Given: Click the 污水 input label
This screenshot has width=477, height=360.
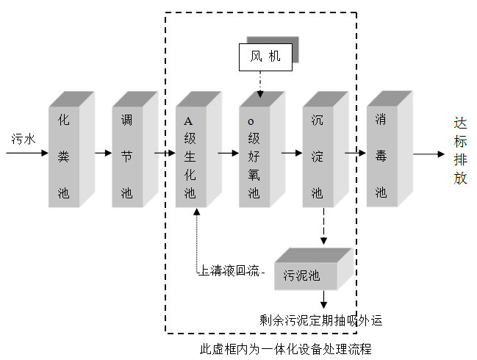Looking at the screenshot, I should pyautogui.click(x=21, y=138).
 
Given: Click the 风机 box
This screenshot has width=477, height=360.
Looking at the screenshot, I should pyautogui.click(x=265, y=57).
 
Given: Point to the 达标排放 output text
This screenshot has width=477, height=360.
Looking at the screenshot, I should pyautogui.click(x=460, y=151).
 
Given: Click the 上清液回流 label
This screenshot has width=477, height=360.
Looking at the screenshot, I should pyautogui.click(x=230, y=271).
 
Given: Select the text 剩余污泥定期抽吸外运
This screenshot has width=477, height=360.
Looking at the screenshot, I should pyautogui.click(x=320, y=320).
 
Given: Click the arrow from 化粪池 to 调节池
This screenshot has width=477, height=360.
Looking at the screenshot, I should pyautogui.click(x=102, y=154).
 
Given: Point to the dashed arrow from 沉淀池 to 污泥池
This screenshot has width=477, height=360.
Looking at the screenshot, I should pyautogui.click(x=323, y=227).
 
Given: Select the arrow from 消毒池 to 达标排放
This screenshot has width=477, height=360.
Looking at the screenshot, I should pyautogui.click(x=428, y=154).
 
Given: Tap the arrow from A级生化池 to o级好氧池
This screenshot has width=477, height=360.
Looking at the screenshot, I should pyautogui.click(x=229, y=154).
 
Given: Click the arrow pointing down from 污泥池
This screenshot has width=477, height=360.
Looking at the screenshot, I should pyautogui.click(x=323, y=300).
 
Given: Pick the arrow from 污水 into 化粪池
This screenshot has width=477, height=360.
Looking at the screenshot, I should pyautogui.click(x=27, y=154).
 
